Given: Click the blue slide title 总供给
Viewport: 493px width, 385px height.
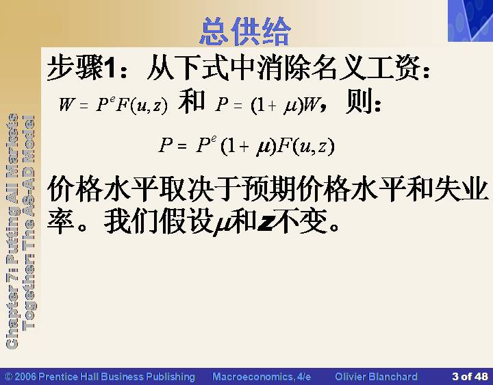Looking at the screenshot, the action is pyautogui.click(x=245, y=32).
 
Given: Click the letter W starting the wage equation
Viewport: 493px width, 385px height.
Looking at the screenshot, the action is pyautogui.click(x=66, y=104).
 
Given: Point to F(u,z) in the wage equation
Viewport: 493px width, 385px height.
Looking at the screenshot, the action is pyautogui.click(x=142, y=105).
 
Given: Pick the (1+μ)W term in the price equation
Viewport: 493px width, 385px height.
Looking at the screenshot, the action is pyautogui.click(x=286, y=105).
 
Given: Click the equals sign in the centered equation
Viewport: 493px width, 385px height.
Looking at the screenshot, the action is pyautogui.click(x=181, y=147).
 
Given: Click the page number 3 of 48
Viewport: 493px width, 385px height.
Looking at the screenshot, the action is pyautogui.click(x=470, y=376).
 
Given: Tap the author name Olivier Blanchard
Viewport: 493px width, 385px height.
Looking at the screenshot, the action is pyautogui.click(x=376, y=377).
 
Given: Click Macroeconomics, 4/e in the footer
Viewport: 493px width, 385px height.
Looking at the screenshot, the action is pyautogui.click(x=262, y=377).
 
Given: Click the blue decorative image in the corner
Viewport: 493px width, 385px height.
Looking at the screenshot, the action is pyautogui.click(x=470, y=21).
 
